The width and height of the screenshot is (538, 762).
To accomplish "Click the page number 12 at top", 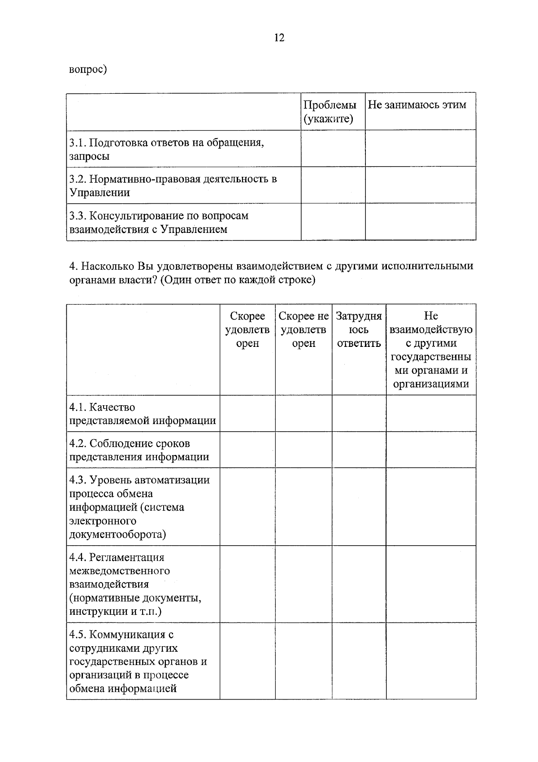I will (278, 38).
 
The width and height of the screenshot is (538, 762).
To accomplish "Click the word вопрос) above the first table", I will (88, 70).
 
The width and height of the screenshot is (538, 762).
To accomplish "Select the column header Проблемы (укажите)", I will (330, 112).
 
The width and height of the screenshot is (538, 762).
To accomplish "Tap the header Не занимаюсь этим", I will (417, 105).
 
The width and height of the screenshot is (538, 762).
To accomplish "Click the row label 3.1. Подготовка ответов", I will (166, 149).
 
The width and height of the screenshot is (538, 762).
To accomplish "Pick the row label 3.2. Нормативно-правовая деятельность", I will (173, 186).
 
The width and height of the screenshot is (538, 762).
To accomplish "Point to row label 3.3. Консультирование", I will (159, 222).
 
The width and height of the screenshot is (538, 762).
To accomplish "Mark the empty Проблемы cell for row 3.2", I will (333, 185).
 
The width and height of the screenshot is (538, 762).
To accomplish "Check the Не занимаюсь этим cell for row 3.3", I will (420, 222).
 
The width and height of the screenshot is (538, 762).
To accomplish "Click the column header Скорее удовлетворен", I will (247, 330).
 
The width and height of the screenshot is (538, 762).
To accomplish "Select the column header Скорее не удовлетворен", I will (304, 330).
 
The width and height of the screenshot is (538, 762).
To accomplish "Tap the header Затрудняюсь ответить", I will (359, 330).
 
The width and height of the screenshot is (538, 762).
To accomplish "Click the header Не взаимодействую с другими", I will (430, 350).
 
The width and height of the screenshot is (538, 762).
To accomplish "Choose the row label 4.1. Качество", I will (142, 414).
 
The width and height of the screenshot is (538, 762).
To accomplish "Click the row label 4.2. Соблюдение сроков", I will (139, 450).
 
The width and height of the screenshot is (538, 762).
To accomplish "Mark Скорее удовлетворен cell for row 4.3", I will (247, 507).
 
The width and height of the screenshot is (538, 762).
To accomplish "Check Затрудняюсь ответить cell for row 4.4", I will (359, 584).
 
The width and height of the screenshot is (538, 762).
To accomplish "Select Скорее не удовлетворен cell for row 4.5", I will (304, 661).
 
